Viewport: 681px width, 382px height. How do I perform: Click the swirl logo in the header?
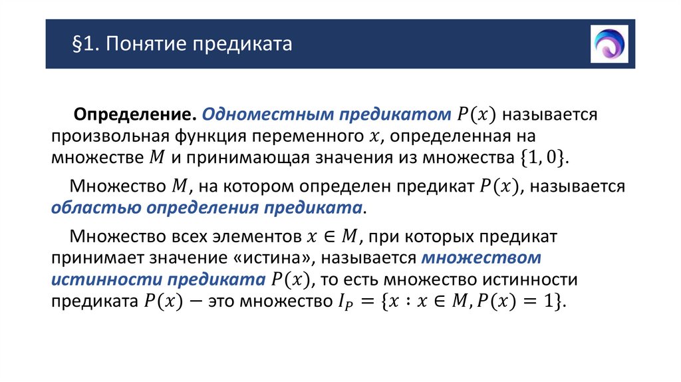(x=609, y=45)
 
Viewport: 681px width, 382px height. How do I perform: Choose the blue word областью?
(x=86, y=208)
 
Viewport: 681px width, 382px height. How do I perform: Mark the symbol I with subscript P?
(x=343, y=301)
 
